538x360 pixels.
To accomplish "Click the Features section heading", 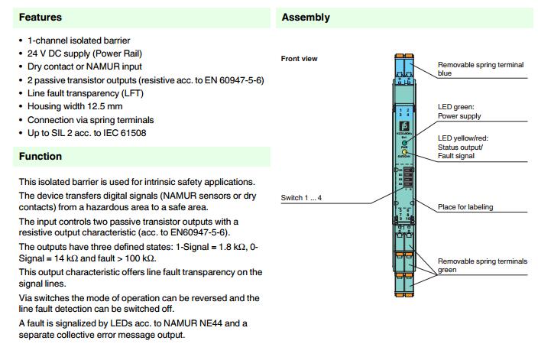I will pos(40,17).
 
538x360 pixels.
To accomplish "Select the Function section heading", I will pos(41,157).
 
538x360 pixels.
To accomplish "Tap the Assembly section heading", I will pos(306,17).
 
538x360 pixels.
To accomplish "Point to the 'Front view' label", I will pos(300,59).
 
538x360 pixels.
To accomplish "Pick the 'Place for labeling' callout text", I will pos(465,207).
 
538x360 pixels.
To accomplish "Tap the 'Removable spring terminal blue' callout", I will pos(481,70).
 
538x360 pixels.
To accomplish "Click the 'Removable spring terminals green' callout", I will pos(482,266).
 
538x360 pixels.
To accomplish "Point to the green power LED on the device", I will pos(403,143).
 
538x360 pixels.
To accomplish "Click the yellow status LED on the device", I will pos(403,153).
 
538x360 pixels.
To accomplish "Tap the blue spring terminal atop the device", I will pos(403,70).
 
